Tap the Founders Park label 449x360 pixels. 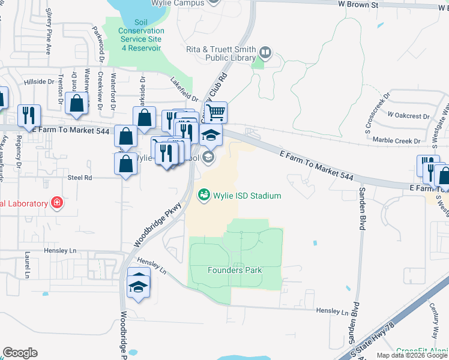coord(235,270)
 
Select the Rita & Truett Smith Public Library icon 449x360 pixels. coord(265,55)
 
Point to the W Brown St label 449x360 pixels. coord(358,5)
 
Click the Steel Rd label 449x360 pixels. coord(79,178)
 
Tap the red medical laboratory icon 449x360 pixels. coord(57,203)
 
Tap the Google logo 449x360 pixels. coord(20,353)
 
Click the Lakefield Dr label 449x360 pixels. coord(184,90)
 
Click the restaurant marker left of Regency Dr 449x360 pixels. coord(29,115)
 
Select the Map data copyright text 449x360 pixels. coord(412,355)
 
